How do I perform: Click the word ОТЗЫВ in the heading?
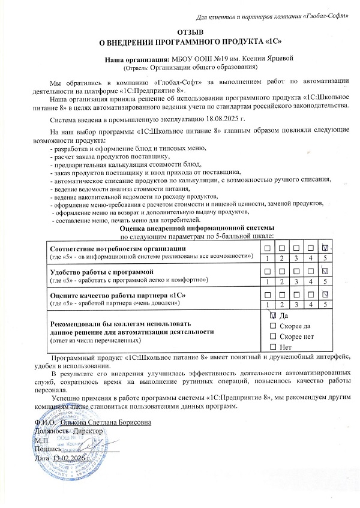pos(191,31)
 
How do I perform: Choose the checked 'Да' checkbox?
pos(274,315)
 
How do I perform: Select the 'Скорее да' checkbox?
pos(274,326)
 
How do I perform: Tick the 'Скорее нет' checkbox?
pos(274,336)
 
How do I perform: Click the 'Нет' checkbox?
pos(274,347)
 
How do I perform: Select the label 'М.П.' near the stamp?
pos(43,440)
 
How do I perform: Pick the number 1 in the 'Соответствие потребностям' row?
pos(265,257)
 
